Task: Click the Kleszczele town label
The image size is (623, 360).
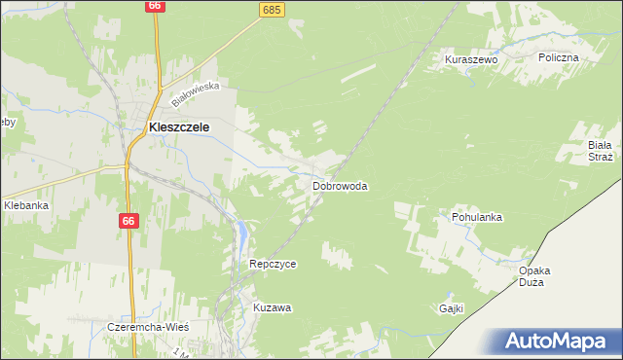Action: click(x=179, y=126)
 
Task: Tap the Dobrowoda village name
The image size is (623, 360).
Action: click(x=340, y=186)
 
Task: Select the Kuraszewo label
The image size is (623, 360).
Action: click(x=471, y=59)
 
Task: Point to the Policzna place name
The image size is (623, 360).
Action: click(x=559, y=57)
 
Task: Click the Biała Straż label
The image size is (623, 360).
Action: click(x=600, y=150)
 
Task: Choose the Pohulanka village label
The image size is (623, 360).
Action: click(x=476, y=217)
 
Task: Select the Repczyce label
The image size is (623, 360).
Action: click(x=273, y=264)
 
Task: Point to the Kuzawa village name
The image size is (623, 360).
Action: click(x=273, y=306)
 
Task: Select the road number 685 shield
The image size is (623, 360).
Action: click(x=272, y=9)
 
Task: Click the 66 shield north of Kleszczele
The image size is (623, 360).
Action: click(x=155, y=6)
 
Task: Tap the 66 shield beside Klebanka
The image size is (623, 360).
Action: click(x=128, y=221)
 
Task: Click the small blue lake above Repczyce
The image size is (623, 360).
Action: click(x=240, y=232)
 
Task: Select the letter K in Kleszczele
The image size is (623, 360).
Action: click(x=153, y=126)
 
